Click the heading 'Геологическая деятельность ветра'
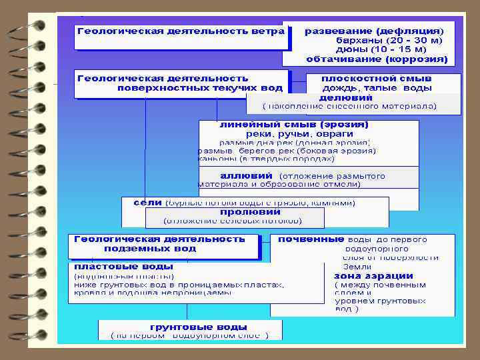coord(181,31)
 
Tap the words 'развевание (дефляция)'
coord(373,31)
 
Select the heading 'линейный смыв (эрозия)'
coord(294,125)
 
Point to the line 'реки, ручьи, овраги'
coord(290,134)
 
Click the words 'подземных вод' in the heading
coord(150,248)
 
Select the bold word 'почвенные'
coord(311,239)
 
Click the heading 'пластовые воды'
coord(113,266)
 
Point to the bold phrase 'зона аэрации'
coord(373,276)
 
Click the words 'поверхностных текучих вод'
coord(200,87)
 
